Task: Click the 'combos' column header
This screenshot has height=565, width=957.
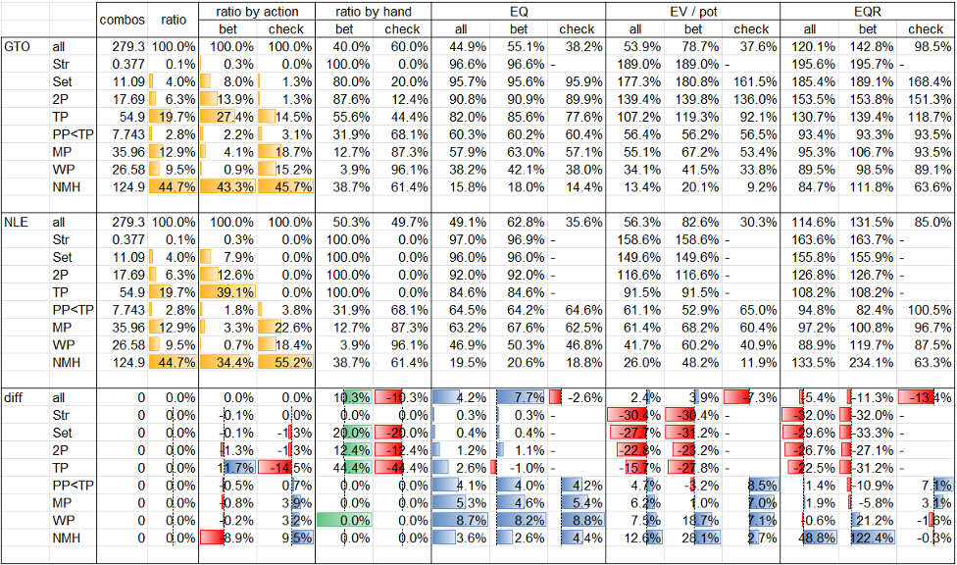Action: tap(122, 19)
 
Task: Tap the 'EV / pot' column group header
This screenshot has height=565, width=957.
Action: tap(693, 11)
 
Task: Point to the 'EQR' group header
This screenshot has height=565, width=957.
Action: tap(868, 11)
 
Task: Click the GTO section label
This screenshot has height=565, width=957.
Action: tap(16, 46)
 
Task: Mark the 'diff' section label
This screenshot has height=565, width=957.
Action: tap(15, 397)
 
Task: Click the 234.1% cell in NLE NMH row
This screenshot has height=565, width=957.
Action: tap(868, 362)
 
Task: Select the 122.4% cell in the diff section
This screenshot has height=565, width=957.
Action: tap(868, 538)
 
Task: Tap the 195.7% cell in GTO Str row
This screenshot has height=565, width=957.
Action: tap(868, 64)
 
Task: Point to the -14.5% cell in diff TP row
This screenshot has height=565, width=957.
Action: tap(288, 468)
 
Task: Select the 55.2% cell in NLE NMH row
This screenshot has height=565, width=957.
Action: tap(288, 362)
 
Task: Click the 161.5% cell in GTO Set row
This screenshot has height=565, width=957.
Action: tap(751, 81)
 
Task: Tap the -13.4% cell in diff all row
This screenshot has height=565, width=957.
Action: tap(927, 397)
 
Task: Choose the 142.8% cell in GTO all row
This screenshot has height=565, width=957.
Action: tap(868, 46)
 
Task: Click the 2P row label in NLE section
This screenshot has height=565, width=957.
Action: tap(62, 275)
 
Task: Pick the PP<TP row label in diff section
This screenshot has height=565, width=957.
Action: tap(72, 486)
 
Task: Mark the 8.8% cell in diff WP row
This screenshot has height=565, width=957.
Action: tap(578, 520)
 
